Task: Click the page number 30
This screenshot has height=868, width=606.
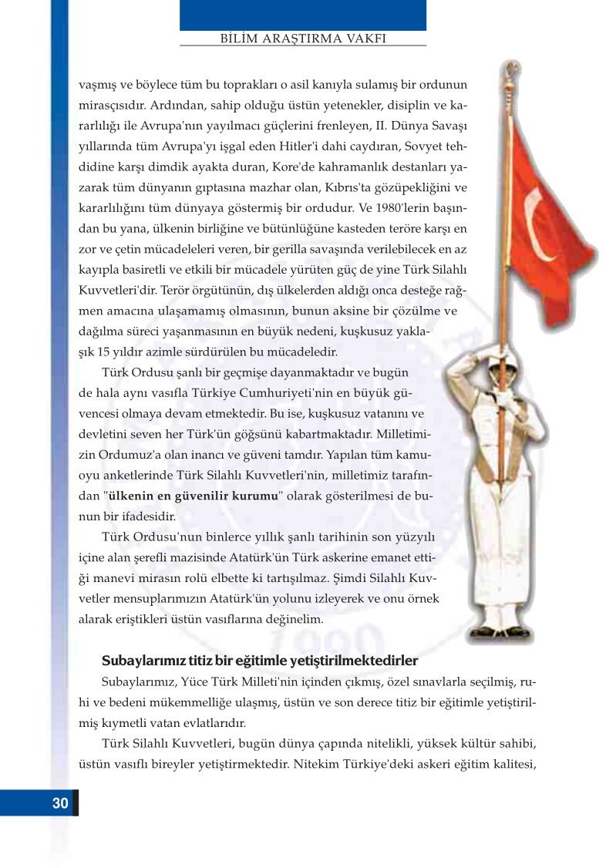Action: pos(60,803)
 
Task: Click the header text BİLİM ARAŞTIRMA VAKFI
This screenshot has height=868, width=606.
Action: pos(302,38)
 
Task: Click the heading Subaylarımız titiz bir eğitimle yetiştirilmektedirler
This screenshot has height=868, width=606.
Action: pos(260,661)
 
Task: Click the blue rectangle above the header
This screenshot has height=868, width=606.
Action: pos(302,15)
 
